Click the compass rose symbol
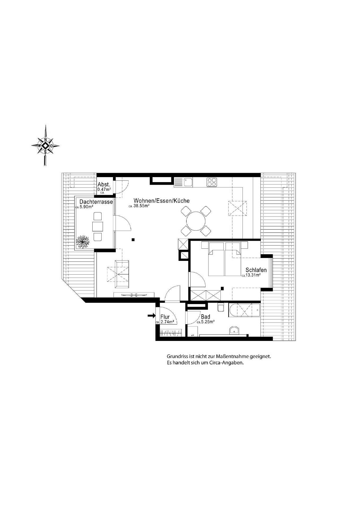[x=45, y=146]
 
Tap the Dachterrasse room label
[x=96, y=202]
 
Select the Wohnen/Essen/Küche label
[x=161, y=201]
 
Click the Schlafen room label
[x=256, y=270]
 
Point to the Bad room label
[x=205, y=317]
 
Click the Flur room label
[x=165, y=317]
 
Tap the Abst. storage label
[x=104, y=185]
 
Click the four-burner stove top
[x=212, y=182]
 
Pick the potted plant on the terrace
[x=83, y=241]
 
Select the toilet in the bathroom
[x=220, y=308]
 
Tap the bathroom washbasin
[x=234, y=330]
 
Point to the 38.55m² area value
[x=141, y=206]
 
